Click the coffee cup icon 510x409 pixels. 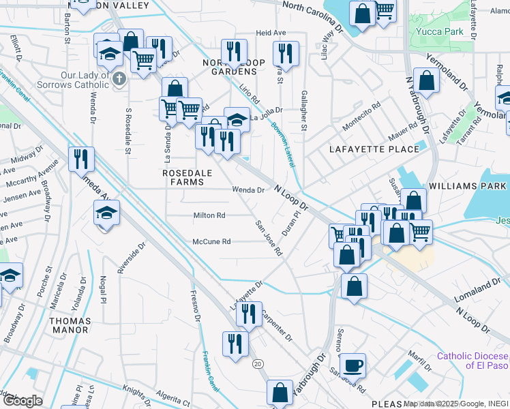(x=352, y=365)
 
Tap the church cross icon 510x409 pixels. (x=119, y=78)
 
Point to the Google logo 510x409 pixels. (x=22, y=400)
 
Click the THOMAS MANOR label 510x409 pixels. (x=69, y=325)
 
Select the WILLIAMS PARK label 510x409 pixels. (x=468, y=185)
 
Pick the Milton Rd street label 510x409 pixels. (x=209, y=215)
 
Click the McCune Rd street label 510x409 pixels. (x=211, y=241)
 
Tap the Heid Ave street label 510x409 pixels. (x=271, y=33)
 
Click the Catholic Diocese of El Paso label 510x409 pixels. (x=472, y=361)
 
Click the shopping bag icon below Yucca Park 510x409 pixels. (x=426, y=80)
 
